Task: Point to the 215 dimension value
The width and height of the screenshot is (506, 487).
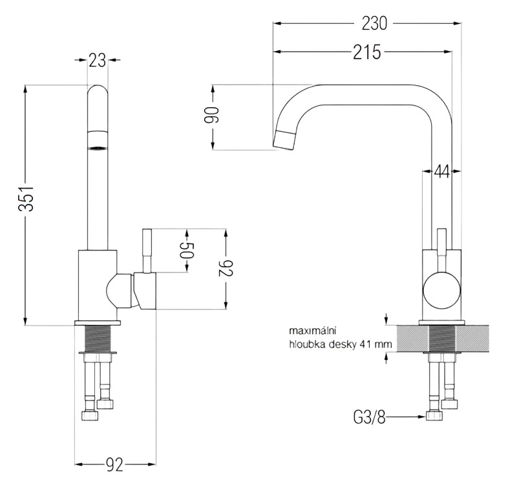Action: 366,52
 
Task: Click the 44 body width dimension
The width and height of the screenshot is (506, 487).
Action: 442,171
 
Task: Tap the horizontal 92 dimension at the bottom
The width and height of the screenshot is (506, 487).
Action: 114,464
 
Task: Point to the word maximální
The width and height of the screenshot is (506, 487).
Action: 310,332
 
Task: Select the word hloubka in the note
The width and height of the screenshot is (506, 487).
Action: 307,345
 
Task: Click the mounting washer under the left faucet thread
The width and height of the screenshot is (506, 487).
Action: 98,353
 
